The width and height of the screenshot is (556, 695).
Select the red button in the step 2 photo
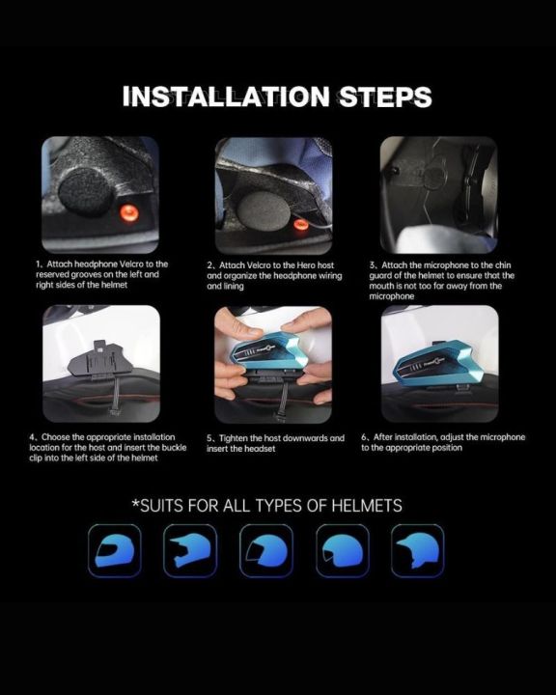pos(300,223)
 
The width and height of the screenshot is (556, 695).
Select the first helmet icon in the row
pos(114,551)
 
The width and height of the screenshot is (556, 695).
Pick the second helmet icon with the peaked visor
pos(190,551)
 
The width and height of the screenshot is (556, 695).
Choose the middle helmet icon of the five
pos(266,551)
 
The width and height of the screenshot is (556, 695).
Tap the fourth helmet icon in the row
pos(342,551)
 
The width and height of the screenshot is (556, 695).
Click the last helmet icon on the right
pos(417,551)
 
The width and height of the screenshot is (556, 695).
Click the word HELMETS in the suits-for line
pos(363,505)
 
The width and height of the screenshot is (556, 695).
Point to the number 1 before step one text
pos(39,264)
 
